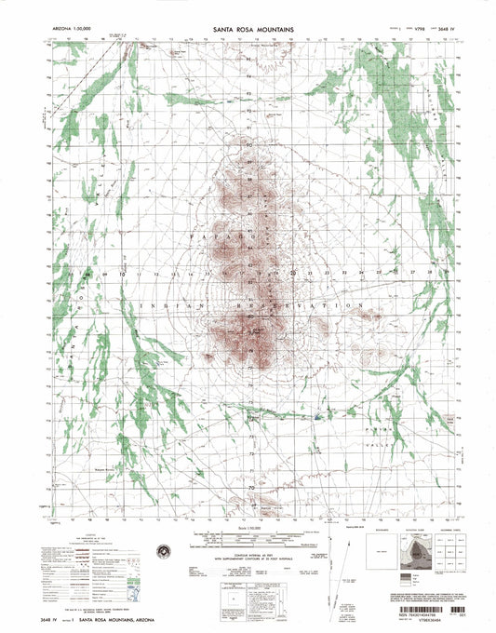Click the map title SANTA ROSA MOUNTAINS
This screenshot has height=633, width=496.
[248, 30]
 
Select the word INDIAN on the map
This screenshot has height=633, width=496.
[166, 305]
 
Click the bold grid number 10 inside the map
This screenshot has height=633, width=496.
[122, 275]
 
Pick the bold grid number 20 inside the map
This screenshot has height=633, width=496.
[293, 274]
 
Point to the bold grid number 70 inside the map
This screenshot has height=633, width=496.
[250, 486]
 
